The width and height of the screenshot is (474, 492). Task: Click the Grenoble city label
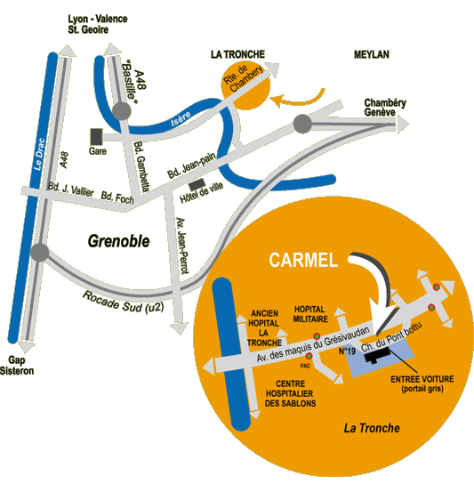pyautogui.click(x=118, y=241)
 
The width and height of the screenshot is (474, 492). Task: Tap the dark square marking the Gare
pyautogui.click(x=97, y=137)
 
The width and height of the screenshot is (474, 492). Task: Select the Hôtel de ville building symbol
pyautogui.click(x=197, y=184)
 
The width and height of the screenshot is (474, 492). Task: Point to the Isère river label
pyautogui.click(x=181, y=119)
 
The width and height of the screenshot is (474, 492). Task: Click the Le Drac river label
pyautogui.click(x=39, y=155)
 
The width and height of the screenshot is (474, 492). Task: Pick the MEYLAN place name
pyautogui.click(x=372, y=54)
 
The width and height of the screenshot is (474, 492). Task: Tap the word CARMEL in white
pyautogui.click(x=303, y=260)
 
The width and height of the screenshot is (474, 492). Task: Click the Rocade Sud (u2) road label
pyautogui.click(x=123, y=302)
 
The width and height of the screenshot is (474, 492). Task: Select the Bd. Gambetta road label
pyautogui.click(x=141, y=166)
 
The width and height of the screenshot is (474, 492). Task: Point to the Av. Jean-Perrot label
pyautogui.click(x=182, y=246)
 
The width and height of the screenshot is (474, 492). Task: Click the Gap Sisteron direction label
pyautogui.click(x=17, y=366)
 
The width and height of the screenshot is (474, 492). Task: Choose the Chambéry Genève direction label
pyautogui.click(x=385, y=108)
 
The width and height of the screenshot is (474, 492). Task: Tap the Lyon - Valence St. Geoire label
pyautogui.click(x=98, y=24)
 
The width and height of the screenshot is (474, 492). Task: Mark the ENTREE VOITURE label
pyautogui.click(x=422, y=383)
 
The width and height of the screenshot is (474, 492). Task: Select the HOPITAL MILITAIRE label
pyautogui.click(x=310, y=314)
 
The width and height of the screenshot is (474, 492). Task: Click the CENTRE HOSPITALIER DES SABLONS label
pyautogui.click(x=290, y=393)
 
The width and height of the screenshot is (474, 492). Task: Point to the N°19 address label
pyautogui.click(x=347, y=351)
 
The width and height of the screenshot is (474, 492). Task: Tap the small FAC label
pyautogui.click(x=305, y=366)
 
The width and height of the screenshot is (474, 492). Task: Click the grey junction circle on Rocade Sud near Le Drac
pyautogui.click(x=40, y=252)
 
